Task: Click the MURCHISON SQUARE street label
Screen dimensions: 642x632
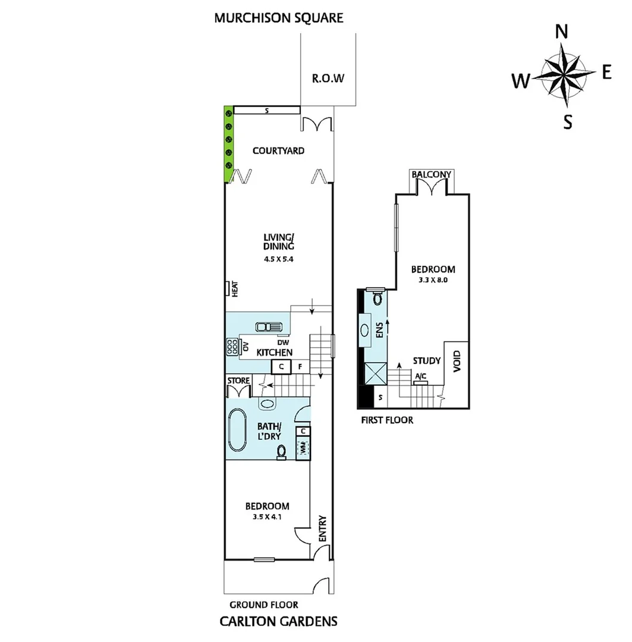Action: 279,17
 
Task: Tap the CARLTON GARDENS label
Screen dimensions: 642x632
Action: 278,622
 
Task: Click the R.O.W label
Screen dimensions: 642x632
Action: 328,78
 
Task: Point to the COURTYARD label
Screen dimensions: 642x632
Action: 278,150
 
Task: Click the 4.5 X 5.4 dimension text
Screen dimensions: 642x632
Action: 279,259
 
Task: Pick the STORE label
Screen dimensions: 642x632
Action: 238,381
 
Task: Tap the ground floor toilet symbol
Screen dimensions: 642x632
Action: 281,452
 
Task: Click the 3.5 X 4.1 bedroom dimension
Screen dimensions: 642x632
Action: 268,517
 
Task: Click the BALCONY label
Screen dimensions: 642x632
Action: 432,175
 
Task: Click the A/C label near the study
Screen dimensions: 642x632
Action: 420,376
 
